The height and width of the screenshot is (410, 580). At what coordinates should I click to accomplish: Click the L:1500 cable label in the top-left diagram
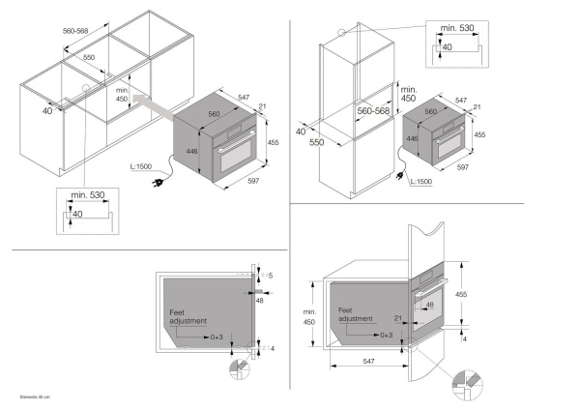(x=139, y=165)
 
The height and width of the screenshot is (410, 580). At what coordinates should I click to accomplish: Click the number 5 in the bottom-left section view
(x=272, y=277)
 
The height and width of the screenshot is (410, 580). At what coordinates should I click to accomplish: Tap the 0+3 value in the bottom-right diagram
(x=386, y=334)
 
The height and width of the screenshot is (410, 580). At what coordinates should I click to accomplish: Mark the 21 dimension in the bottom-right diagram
(x=397, y=316)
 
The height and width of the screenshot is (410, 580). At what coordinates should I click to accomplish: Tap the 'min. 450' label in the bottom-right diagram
(x=309, y=318)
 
